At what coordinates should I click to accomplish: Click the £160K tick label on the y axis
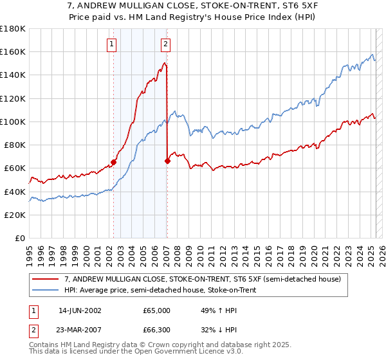[x=13, y=51]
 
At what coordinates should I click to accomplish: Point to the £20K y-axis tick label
[x=15, y=215]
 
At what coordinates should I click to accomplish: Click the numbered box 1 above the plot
[x=112, y=44]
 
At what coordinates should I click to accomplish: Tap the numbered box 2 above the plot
[x=165, y=44]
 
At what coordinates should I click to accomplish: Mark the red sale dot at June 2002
[x=114, y=163]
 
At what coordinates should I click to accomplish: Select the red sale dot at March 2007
[x=167, y=161]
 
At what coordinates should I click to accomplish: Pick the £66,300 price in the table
[x=156, y=332]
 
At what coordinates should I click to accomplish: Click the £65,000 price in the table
[x=156, y=310]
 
